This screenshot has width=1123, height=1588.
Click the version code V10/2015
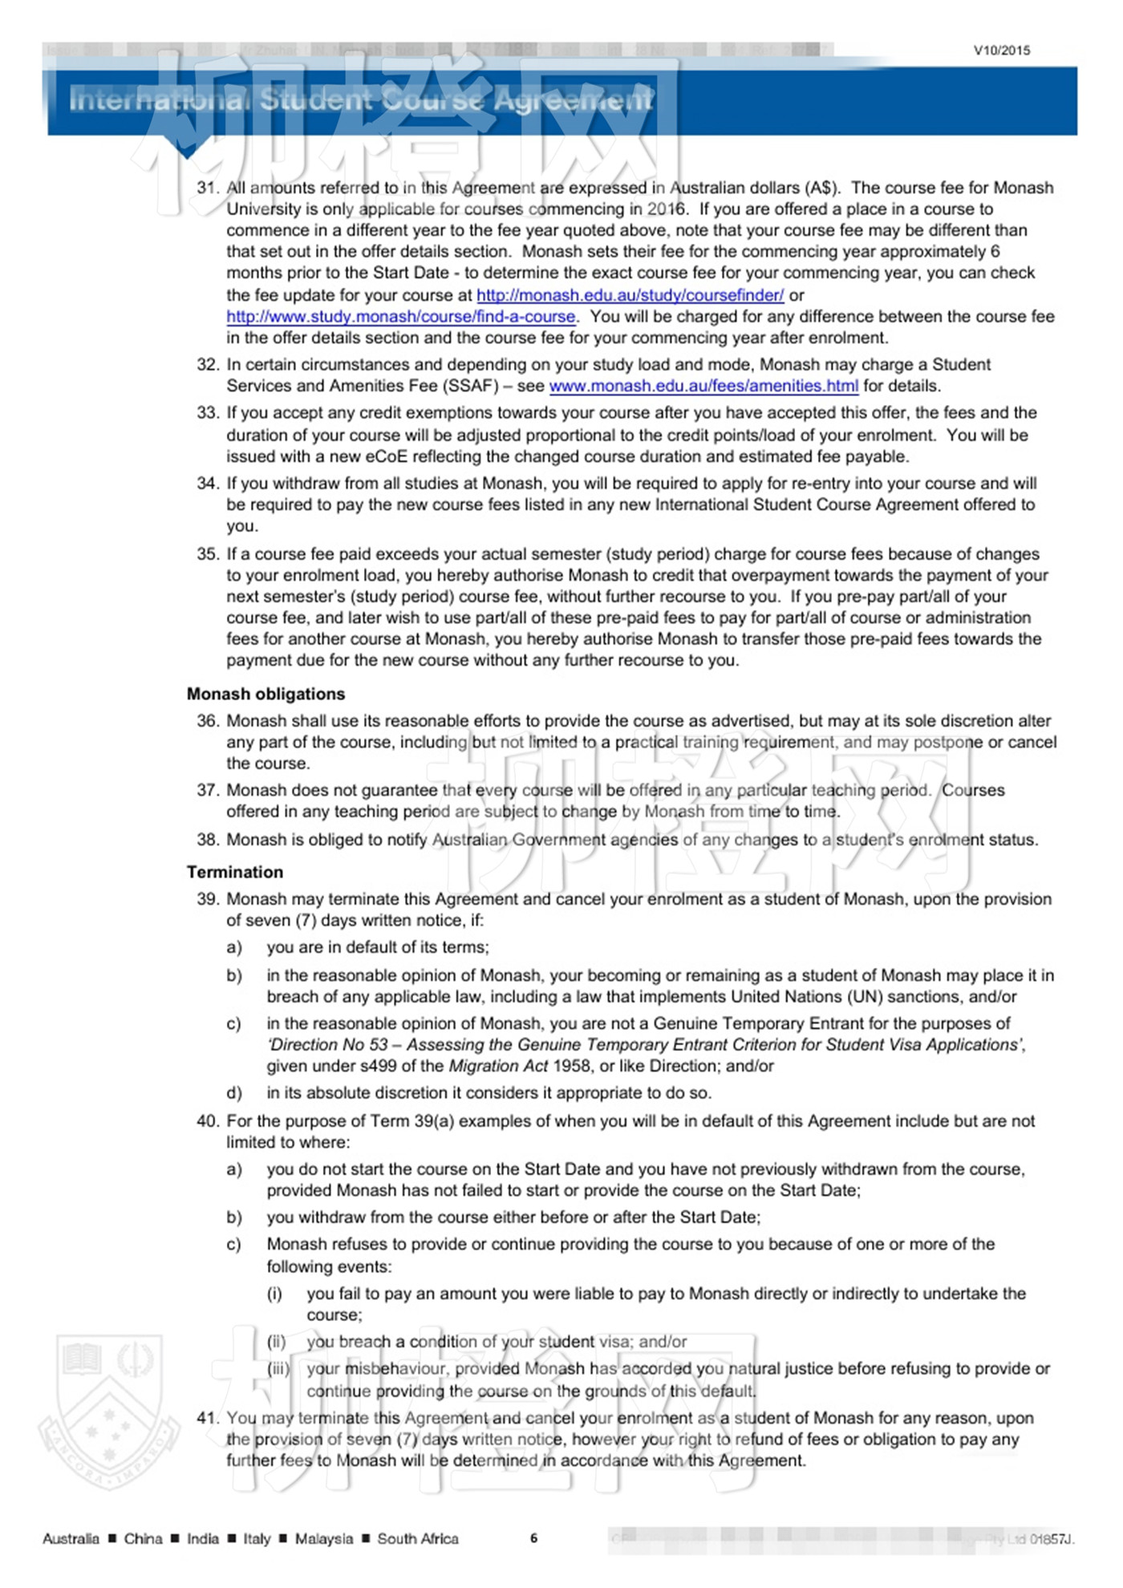tap(1001, 50)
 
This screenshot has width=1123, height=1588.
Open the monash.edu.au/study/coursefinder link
tap(630, 294)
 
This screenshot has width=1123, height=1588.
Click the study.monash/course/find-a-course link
tap(400, 316)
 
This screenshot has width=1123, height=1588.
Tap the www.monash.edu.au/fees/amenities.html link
tap(703, 386)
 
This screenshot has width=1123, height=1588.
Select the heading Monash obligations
tap(266, 694)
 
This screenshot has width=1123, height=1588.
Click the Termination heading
tap(235, 872)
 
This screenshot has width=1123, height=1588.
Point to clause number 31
tap(208, 188)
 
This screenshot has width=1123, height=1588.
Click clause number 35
tap(208, 553)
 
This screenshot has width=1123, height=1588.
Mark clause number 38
tap(208, 839)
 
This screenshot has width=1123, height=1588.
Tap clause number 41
tap(208, 1418)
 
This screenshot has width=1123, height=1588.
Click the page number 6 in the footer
tap(533, 1537)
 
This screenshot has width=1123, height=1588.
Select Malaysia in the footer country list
tap(323, 1538)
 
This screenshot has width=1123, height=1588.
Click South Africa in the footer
tap(418, 1538)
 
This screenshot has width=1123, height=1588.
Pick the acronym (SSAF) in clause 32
tap(470, 386)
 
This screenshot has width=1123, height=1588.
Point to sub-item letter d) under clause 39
tap(234, 1092)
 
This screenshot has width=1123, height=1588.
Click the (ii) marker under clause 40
tap(276, 1341)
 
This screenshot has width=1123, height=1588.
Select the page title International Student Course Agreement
tap(361, 100)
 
